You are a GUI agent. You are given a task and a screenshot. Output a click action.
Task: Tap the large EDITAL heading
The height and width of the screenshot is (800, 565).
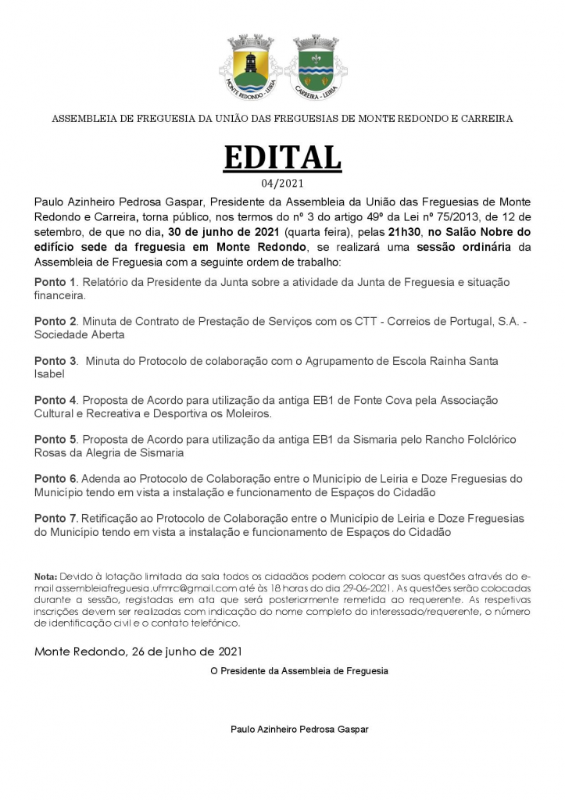[x=282, y=157]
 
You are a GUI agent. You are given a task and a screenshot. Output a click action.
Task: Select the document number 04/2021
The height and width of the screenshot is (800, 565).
[x=282, y=184]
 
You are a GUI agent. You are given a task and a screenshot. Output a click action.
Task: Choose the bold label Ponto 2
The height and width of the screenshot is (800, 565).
[x=55, y=321]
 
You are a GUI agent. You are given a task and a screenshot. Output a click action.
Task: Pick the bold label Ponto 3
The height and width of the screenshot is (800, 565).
[x=55, y=361]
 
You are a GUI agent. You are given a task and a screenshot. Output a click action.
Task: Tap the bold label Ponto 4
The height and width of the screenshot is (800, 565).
[x=55, y=400]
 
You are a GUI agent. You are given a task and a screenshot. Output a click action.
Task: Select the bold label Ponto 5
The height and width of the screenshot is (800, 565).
[x=55, y=439]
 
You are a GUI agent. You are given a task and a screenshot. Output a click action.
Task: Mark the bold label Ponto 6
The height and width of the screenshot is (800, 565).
[x=55, y=478]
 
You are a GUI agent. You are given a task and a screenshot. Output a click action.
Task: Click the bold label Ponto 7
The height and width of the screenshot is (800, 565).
[x=55, y=518]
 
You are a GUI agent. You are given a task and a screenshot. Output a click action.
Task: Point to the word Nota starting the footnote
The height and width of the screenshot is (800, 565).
[x=46, y=576]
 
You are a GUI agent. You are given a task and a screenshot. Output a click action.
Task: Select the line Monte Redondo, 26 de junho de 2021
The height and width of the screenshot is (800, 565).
[x=138, y=651]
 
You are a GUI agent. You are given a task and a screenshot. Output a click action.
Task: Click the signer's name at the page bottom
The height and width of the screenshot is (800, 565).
[x=299, y=729]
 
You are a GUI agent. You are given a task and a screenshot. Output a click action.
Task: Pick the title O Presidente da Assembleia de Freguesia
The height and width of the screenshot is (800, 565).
[x=299, y=670]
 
